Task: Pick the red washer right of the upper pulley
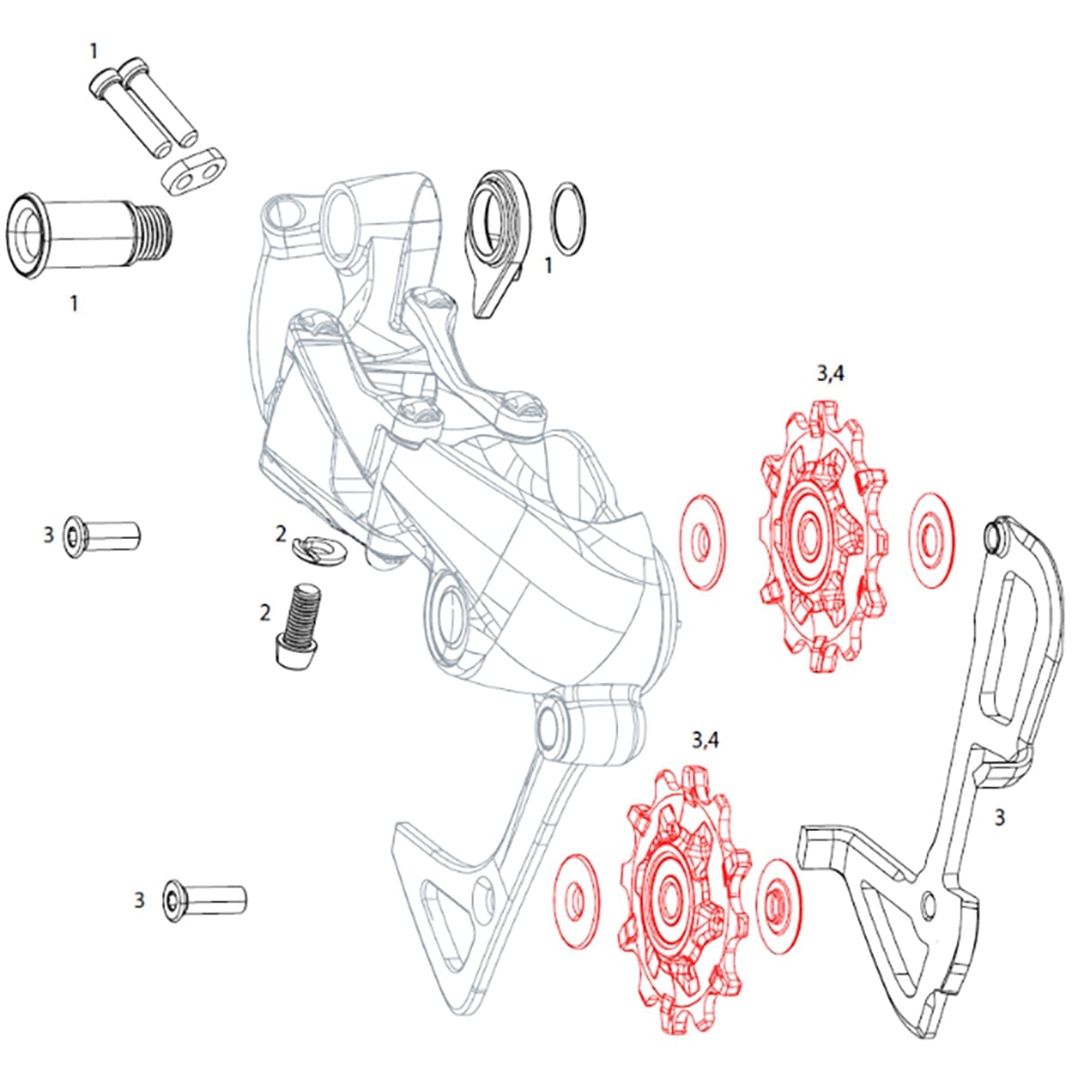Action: click(x=930, y=541)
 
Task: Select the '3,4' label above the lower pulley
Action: click(x=703, y=741)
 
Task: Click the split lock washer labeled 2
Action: click(x=320, y=545)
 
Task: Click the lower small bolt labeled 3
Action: click(x=206, y=897)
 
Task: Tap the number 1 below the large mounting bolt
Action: click(x=74, y=305)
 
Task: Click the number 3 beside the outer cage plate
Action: click(x=999, y=817)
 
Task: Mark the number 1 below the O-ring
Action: click(x=549, y=267)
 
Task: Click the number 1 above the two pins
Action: click(x=93, y=52)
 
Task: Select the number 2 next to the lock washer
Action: click(x=280, y=535)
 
